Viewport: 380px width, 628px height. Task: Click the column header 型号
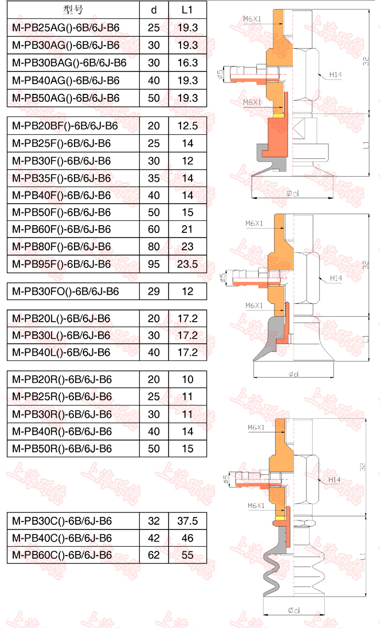point(73,10)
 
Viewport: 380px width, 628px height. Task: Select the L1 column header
point(187,10)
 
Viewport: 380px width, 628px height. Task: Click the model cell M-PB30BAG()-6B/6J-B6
point(69,63)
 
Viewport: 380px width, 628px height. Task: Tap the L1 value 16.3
point(187,63)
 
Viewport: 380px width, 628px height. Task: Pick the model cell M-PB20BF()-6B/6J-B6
point(65,126)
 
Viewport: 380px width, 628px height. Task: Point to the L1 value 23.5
point(187,264)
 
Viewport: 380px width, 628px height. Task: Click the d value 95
point(154,264)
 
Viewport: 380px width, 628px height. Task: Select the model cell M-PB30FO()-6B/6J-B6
point(65,291)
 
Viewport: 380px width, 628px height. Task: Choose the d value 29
point(154,291)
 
